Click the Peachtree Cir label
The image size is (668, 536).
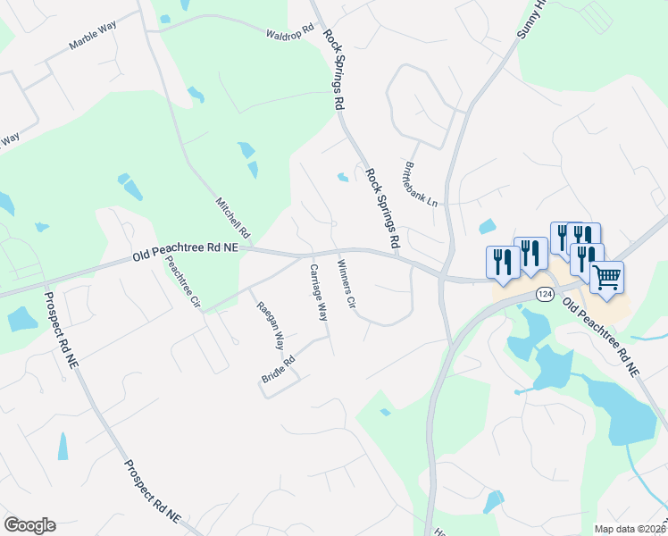[x=183, y=281]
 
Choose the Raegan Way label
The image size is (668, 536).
[x=271, y=325]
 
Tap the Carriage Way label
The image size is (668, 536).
[x=318, y=292]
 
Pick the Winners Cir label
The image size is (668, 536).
[x=347, y=284]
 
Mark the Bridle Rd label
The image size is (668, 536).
[x=278, y=370]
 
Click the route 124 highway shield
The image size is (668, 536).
[x=546, y=293]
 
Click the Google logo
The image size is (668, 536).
[x=29, y=525]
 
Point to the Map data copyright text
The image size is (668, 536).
[x=630, y=529]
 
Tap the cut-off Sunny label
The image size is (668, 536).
[x=530, y=20]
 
